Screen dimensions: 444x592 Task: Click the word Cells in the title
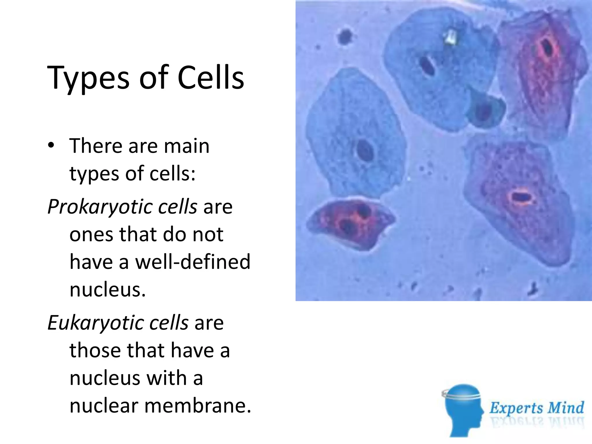[211, 77]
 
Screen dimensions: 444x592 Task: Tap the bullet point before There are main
[51, 145]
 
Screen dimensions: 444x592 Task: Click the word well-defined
[193, 262]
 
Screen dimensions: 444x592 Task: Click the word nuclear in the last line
[104, 406]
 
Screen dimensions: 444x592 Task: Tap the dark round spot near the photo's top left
[345, 36]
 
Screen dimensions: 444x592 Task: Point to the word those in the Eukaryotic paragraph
[95, 350]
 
